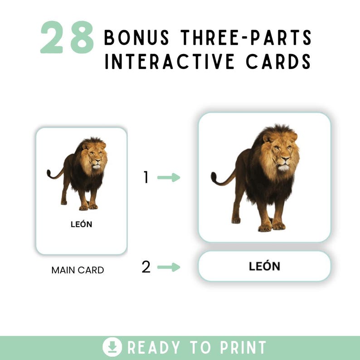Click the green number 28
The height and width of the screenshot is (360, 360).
[67, 37]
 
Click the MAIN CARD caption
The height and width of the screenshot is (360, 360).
[78, 270]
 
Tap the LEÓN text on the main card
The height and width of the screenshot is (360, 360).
[81, 224]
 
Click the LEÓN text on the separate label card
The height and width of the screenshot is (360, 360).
[264, 266]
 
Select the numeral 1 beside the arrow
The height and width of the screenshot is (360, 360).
[146, 178]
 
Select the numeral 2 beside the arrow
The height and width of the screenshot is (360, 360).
[146, 267]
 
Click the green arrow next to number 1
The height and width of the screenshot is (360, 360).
[169, 178]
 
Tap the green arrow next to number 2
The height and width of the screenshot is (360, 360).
[169, 267]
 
